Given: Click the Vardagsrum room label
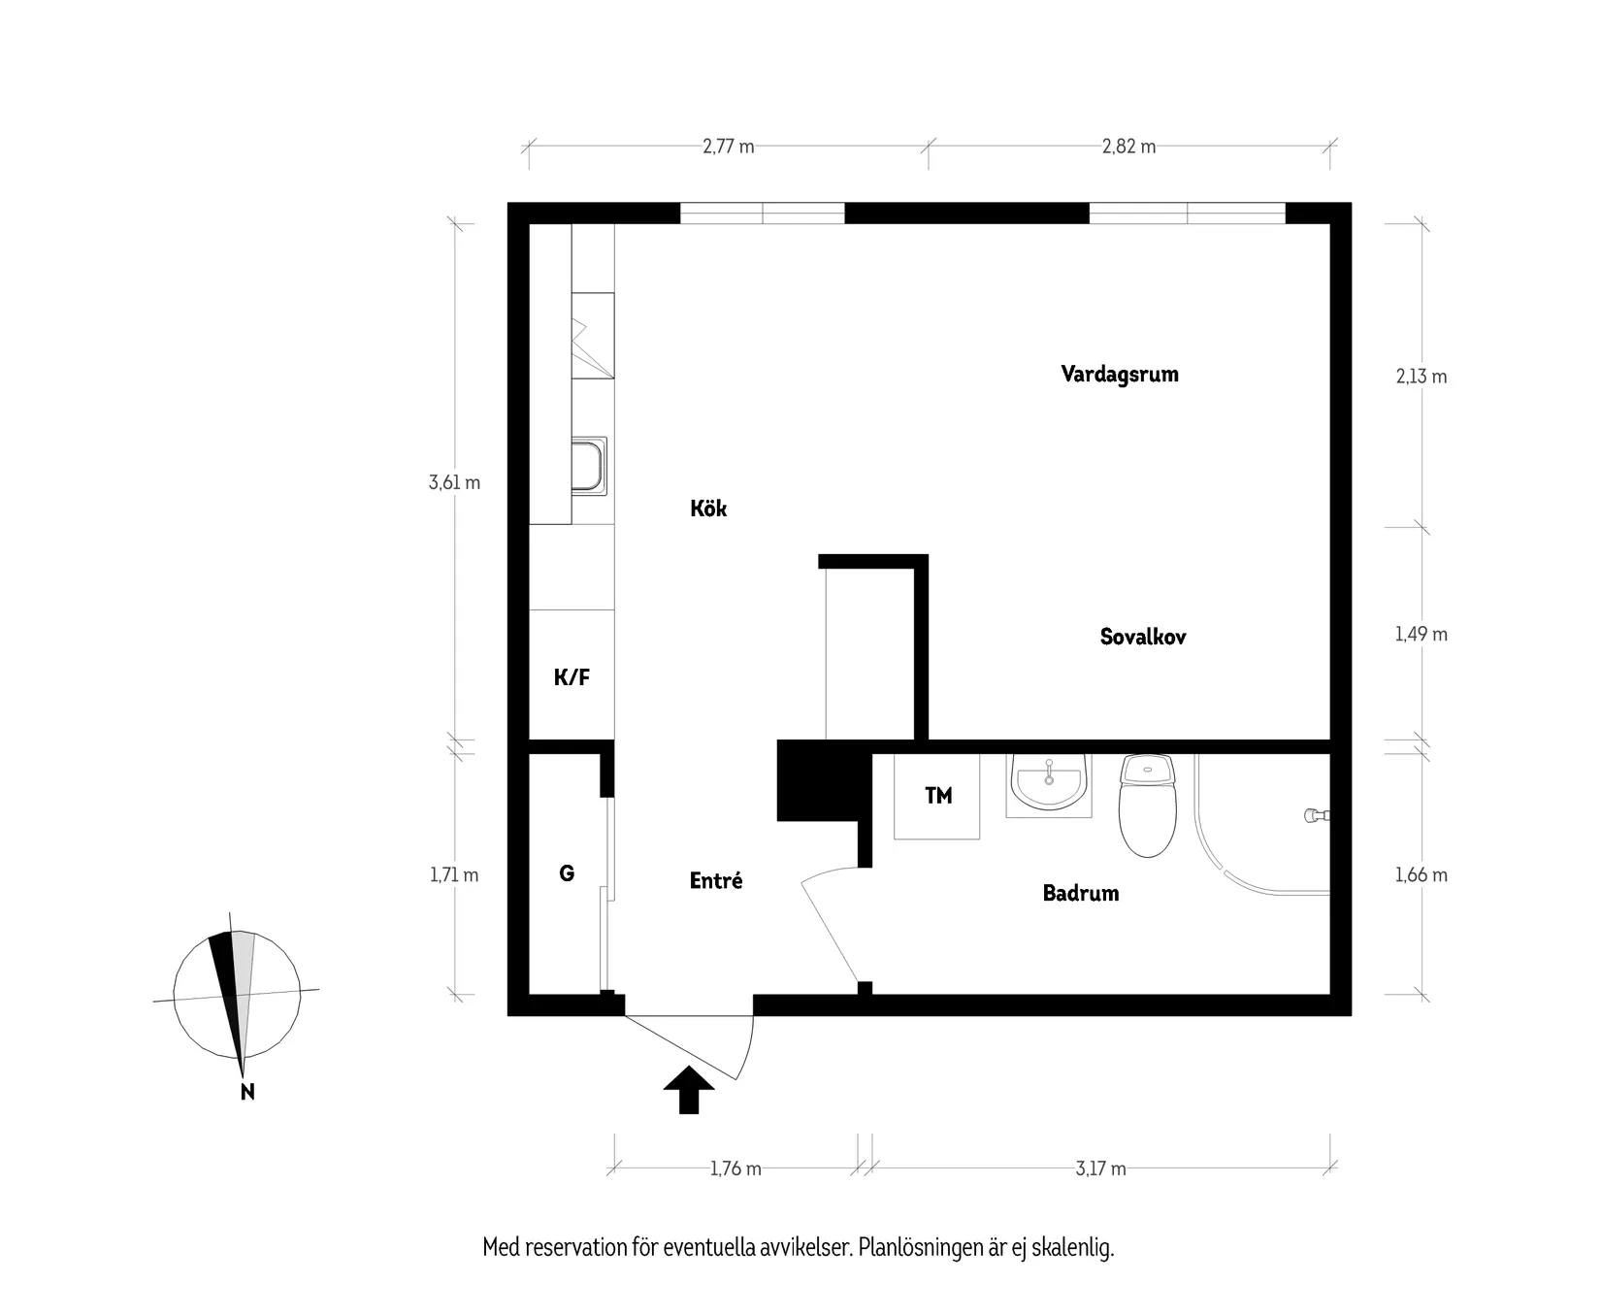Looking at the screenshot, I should (x=1120, y=375).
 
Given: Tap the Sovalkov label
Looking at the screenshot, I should (x=1143, y=637).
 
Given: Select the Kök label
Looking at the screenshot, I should (x=708, y=509).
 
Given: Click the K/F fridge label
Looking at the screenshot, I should (x=572, y=677).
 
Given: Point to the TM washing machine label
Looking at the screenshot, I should (x=938, y=796).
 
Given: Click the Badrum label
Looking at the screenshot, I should (x=1081, y=893).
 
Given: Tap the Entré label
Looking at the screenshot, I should (x=716, y=881).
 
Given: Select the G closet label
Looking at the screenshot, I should (x=567, y=873).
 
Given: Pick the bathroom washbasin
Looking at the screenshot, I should (x=1048, y=782).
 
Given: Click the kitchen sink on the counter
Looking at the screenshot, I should (x=588, y=465).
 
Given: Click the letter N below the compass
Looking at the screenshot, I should (x=247, y=1093).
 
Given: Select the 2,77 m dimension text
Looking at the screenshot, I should (x=729, y=148).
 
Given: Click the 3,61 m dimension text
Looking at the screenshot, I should (x=454, y=482).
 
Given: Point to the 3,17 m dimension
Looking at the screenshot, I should (x=1100, y=1168).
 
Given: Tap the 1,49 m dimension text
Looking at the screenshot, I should (x=1421, y=635).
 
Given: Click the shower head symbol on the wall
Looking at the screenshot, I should (x=1315, y=815).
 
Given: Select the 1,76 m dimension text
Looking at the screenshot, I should (x=735, y=1168).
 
